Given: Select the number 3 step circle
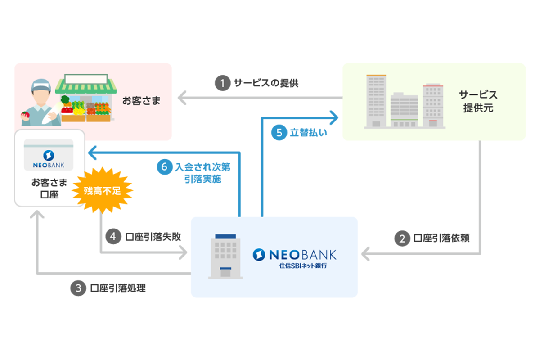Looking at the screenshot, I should coord(78,288).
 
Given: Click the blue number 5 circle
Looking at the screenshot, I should coord(279,133).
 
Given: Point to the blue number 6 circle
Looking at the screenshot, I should coord(164,167).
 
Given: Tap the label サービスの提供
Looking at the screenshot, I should coord(266,83).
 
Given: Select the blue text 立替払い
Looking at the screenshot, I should coord(308,133).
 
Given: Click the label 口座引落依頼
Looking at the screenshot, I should coord(441,238).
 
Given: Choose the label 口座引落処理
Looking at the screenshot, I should coord(118,288).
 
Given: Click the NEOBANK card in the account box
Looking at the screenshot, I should coord(49,155).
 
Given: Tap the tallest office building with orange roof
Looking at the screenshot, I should coord(376,101).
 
